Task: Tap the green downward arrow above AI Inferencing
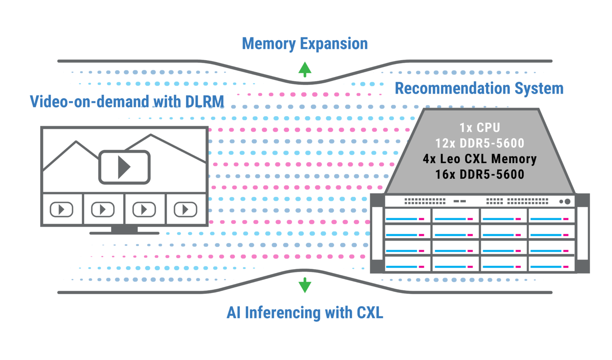(x=305, y=285)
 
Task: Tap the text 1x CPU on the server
(x=480, y=127)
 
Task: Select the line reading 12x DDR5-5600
(x=480, y=143)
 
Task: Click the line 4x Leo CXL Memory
(x=480, y=158)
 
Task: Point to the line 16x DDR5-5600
(x=480, y=174)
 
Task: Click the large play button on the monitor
(x=124, y=167)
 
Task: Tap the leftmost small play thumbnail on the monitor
(x=61, y=209)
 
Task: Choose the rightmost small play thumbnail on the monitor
(x=185, y=209)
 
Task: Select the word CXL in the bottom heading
(x=370, y=313)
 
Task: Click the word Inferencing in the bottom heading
(x=282, y=313)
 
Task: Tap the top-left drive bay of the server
(x=408, y=215)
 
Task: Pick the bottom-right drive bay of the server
(x=551, y=264)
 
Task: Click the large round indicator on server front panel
(x=568, y=202)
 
